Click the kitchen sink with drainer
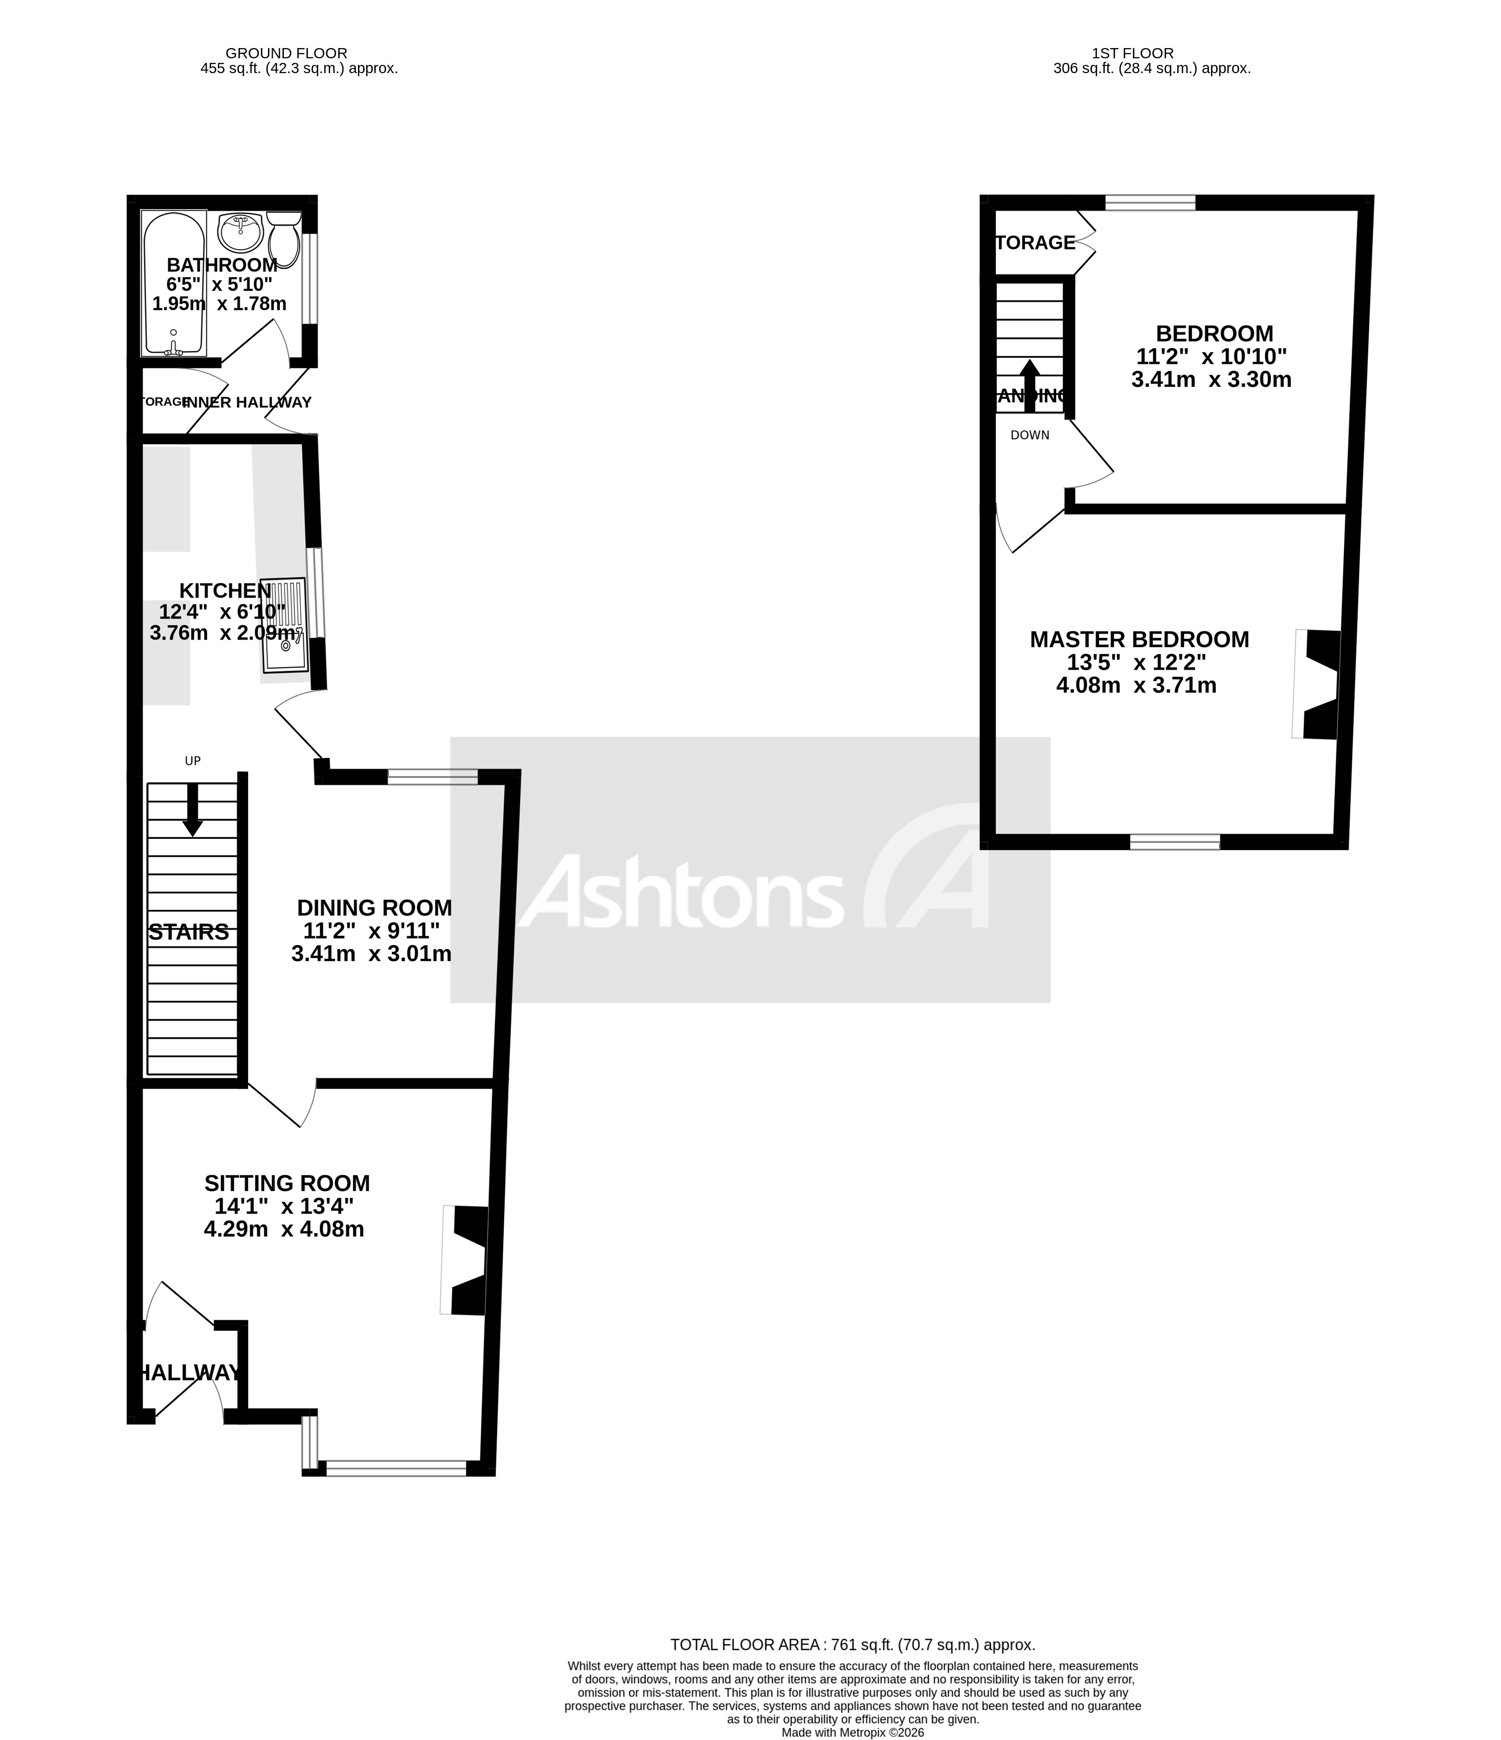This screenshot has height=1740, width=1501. (284, 625)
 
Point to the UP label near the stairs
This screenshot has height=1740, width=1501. (192, 761)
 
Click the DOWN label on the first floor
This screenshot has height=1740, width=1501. (1030, 435)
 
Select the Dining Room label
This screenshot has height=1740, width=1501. (375, 908)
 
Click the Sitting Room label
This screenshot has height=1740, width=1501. (287, 1183)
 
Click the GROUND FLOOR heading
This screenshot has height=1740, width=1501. (286, 53)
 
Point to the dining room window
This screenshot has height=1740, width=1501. (433, 777)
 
